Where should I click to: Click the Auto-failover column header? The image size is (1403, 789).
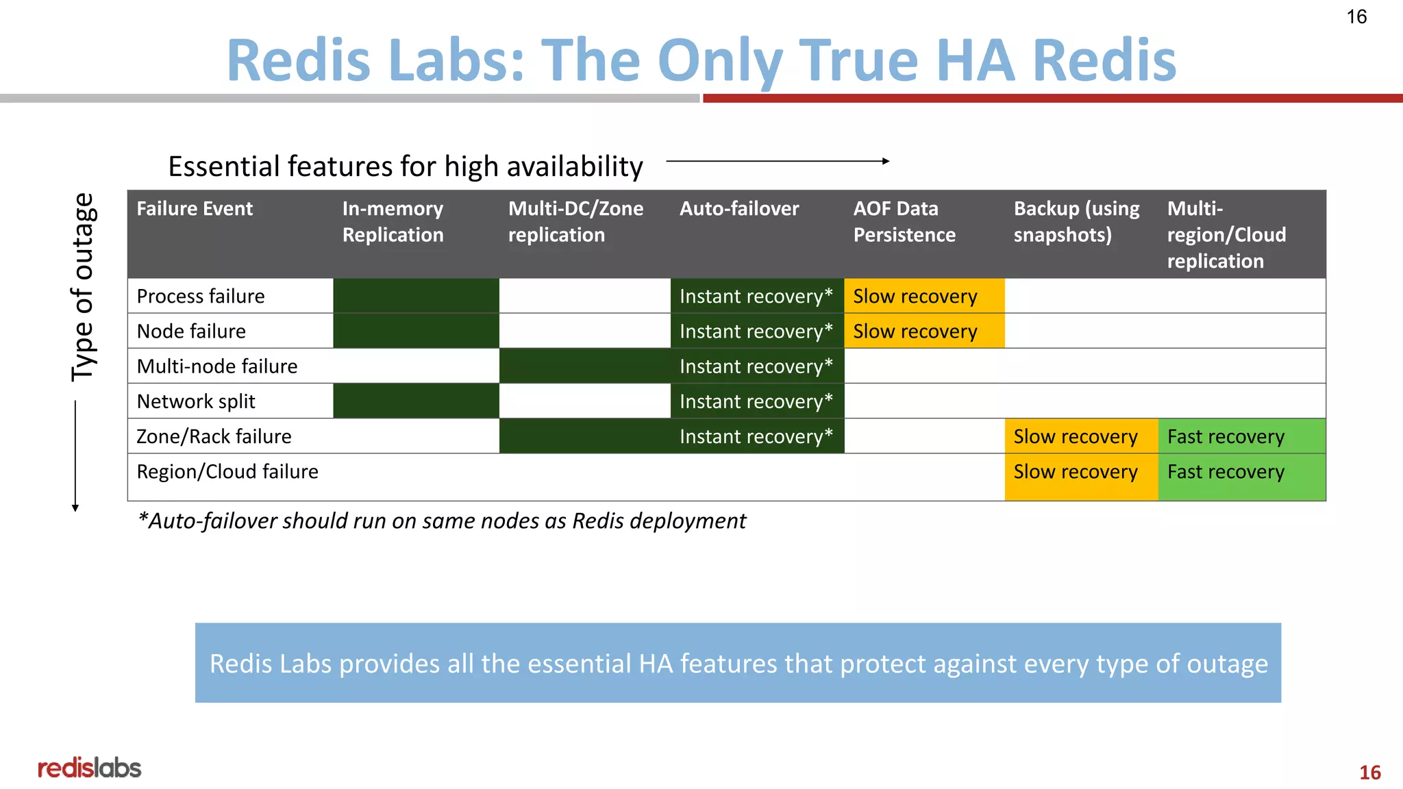point(738,209)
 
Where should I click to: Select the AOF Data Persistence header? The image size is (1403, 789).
point(904,222)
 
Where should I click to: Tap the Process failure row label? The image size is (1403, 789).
point(201,297)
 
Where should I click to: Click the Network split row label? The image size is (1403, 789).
point(196,401)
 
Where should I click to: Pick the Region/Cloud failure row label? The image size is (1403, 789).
point(227,472)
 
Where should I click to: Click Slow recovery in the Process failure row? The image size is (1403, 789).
point(915,297)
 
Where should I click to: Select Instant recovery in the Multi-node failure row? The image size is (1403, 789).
point(756,366)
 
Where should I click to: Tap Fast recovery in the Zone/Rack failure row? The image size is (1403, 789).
point(1226,437)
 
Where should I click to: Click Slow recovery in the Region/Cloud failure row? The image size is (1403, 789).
point(1076,472)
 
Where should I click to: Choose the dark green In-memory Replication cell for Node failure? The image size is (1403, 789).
point(416,331)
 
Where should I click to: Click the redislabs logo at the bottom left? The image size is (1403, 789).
point(89,768)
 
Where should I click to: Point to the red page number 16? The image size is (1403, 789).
point(1369,773)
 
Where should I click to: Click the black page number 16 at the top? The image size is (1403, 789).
point(1356,17)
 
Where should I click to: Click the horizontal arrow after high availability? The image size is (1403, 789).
point(778,162)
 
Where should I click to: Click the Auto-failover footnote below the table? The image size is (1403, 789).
point(441,521)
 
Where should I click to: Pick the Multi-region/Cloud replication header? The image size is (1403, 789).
point(1226,235)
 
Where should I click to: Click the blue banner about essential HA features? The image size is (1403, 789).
point(738,663)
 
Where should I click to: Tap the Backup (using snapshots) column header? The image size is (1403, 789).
point(1076,222)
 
